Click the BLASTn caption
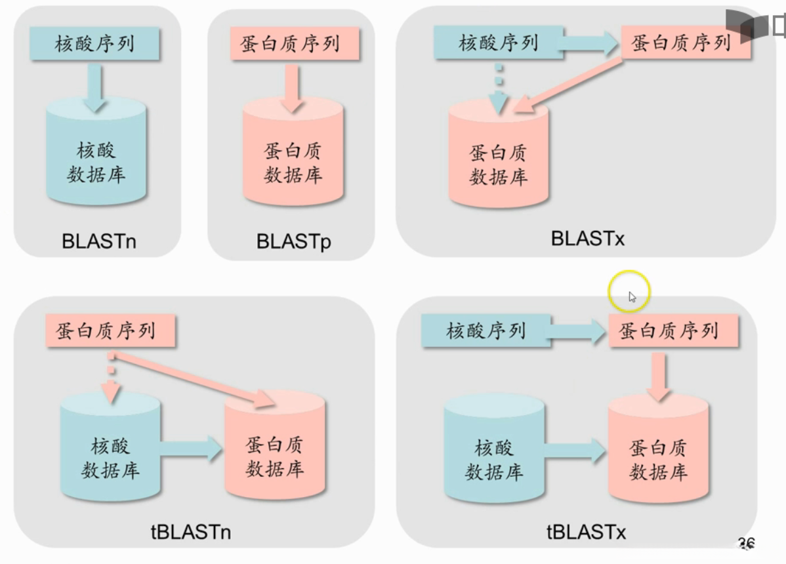99,241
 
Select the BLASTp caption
293,241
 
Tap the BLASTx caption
588,238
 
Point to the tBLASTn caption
190,531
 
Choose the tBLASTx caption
587,531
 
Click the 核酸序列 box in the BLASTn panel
94,44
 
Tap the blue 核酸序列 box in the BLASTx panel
498,43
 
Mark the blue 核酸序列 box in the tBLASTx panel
486,330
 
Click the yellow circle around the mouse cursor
629,291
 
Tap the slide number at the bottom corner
746,542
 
